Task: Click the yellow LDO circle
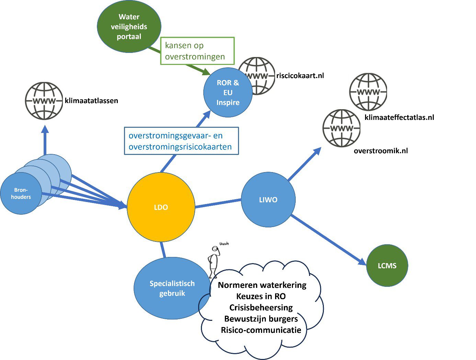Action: pos(161,207)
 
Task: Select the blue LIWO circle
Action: pos(268,200)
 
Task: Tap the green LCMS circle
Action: pos(387,266)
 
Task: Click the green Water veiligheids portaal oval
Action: pos(129,27)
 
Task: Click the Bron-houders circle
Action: pos(21,194)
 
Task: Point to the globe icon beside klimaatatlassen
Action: pos(44,101)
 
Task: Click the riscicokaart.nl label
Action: pos(300,76)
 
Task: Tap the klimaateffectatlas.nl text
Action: pos(399,117)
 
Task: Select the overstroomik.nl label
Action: pos(381,151)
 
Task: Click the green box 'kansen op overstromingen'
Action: pos(197,51)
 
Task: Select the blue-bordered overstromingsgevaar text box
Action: pos(181,141)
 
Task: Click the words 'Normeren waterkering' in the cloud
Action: pos(262,285)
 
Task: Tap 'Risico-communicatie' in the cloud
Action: pos(261,330)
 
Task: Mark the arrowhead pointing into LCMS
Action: pos(362,262)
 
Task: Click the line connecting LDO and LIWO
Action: pos(218,203)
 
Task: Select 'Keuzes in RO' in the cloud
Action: pos(261,296)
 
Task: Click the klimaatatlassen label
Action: pos(91,101)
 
